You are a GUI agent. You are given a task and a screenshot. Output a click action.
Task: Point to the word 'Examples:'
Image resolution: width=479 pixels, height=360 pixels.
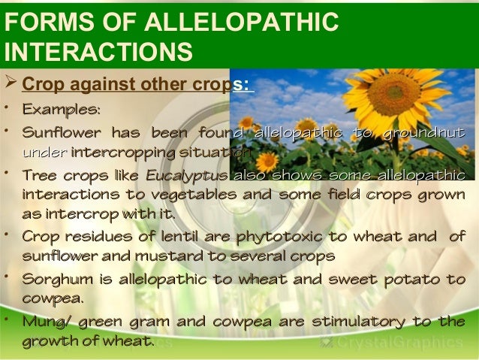click(x=61, y=110)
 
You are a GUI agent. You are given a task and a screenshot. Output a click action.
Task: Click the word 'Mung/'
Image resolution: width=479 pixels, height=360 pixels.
click(x=47, y=323)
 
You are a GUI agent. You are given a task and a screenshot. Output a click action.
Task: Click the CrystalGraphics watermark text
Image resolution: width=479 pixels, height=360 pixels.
click(x=397, y=343)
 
